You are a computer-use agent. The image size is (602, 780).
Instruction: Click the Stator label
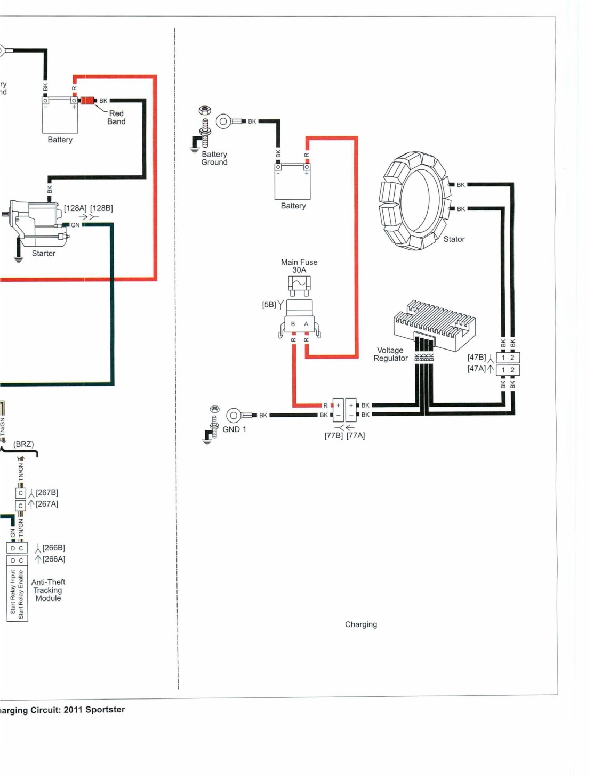454,239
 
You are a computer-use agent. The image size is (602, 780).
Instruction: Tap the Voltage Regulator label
390,354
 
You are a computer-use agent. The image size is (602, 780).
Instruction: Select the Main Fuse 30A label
299,266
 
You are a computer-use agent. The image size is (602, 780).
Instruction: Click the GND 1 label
234,429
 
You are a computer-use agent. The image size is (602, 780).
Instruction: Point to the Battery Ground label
214,158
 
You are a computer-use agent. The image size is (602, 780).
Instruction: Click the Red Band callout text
116,117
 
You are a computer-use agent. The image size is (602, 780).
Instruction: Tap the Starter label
44,254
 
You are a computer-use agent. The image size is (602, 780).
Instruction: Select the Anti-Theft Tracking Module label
48,590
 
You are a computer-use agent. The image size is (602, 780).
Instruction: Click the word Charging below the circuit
360,624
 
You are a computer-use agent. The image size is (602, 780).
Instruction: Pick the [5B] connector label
269,305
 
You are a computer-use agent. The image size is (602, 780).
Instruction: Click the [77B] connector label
333,436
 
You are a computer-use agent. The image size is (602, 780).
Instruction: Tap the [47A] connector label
476,369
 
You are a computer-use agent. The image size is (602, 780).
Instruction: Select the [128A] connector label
75,208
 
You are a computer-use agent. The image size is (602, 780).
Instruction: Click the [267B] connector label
47,492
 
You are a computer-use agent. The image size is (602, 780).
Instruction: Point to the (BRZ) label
23,444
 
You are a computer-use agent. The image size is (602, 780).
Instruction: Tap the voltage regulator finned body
435,325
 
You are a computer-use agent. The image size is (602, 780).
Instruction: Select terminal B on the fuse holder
293,324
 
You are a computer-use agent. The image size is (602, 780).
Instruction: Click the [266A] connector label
53,559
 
